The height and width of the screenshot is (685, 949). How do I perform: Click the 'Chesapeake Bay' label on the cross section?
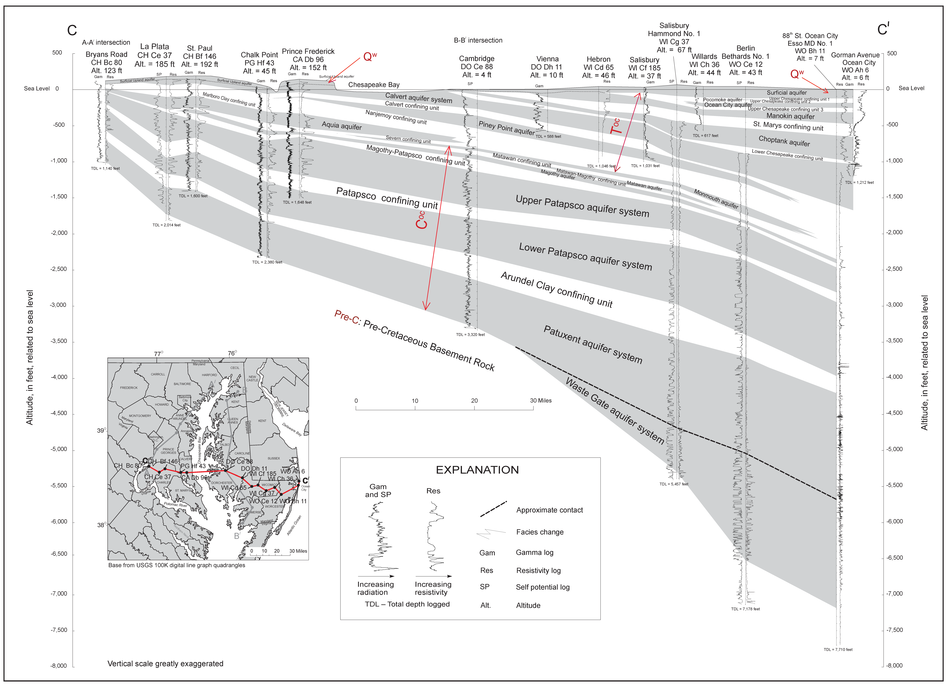pyautogui.click(x=374, y=85)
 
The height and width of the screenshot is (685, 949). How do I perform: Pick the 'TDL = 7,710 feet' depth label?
pyautogui.click(x=838, y=649)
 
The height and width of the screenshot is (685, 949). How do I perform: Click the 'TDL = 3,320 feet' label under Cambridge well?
pyautogui.click(x=470, y=335)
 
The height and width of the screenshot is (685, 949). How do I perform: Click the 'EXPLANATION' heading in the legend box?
pyautogui.click(x=477, y=470)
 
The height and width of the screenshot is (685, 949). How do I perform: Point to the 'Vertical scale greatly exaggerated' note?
pyautogui.click(x=165, y=664)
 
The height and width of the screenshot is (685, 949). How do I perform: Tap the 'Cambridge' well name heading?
pyautogui.click(x=477, y=59)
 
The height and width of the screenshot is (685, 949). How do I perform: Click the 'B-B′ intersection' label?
pyautogui.click(x=478, y=40)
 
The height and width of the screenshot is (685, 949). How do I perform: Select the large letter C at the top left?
pyautogui.click(x=72, y=30)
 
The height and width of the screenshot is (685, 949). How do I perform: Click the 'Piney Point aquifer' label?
pyautogui.click(x=506, y=128)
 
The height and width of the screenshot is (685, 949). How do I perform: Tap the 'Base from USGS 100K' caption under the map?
pyautogui.click(x=177, y=565)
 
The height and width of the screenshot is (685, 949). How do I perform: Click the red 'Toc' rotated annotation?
pyautogui.click(x=615, y=126)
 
